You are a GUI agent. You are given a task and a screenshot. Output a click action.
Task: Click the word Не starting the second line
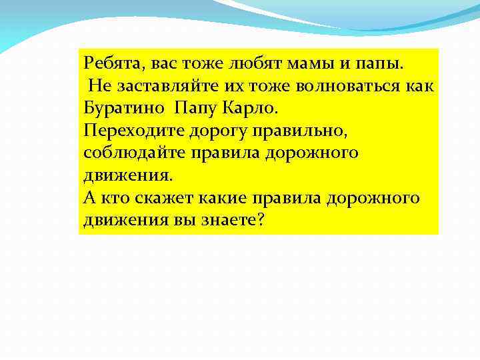coord(97,87)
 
